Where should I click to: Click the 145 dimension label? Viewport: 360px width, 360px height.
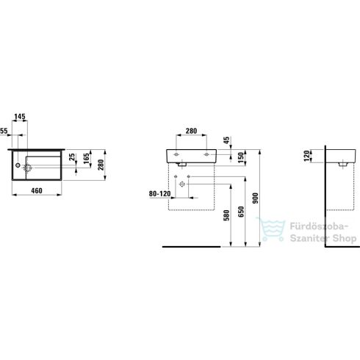click(20, 117)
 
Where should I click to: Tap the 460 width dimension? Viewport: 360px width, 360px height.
click(37, 190)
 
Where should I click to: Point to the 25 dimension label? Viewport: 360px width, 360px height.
click(72, 157)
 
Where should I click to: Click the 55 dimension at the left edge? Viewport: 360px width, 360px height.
click(4, 131)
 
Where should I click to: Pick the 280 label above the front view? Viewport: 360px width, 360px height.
click(191, 131)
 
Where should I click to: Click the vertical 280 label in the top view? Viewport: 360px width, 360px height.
click(101, 165)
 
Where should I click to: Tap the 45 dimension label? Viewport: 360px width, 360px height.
click(227, 140)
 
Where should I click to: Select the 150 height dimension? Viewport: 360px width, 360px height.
click(241, 157)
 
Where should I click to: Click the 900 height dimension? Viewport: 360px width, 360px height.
click(255, 198)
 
